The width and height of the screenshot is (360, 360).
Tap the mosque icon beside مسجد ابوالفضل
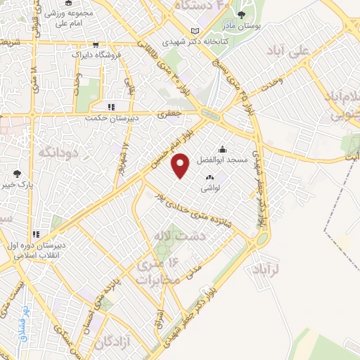[223, 148]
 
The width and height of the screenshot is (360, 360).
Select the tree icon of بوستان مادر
[241, 14]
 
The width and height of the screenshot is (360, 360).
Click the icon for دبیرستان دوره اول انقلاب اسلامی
[35, 234]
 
